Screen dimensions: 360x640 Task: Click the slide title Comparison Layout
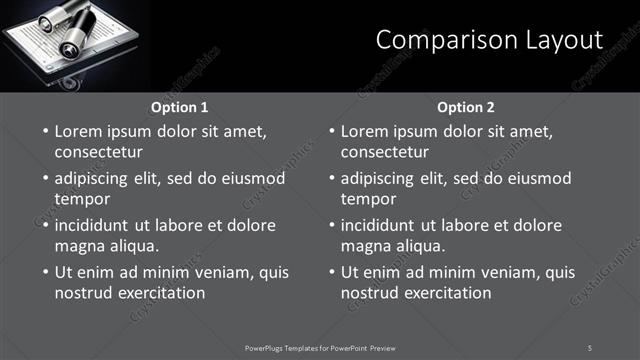coord(489,40)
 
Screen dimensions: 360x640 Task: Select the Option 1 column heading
coord(180,107)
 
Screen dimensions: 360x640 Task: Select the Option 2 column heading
coord(466,107)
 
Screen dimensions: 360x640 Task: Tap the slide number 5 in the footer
coord(590,347)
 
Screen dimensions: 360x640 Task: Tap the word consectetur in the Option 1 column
coord(98,152)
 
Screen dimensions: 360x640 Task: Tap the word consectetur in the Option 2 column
coord(384,152)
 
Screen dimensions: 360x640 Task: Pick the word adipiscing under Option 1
coord(97,179)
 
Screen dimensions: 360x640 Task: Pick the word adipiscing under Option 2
coord(383,179)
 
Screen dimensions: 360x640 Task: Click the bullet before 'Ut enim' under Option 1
coord(44,272)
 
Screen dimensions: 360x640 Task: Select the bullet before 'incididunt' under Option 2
coord(330,225)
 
